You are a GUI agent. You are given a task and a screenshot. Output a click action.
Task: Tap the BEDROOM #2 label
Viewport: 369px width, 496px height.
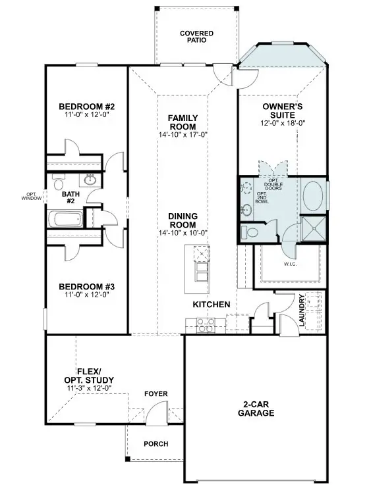(87, 107)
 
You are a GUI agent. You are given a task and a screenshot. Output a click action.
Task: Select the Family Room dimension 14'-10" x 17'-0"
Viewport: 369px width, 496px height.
(183, 135)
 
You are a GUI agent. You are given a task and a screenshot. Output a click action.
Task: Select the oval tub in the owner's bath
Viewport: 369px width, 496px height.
(313, 195)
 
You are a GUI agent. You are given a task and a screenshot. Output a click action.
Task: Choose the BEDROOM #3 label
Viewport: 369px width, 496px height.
(87, 287)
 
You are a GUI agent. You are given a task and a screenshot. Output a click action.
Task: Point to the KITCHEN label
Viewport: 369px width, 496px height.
(211, 305)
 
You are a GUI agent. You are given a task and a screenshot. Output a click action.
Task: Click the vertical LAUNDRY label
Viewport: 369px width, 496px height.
(301, 310)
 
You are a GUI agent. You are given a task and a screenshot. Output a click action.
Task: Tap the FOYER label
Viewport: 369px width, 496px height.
(156, 394)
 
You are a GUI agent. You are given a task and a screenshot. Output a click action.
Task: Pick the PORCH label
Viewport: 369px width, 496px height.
(156, 444)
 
